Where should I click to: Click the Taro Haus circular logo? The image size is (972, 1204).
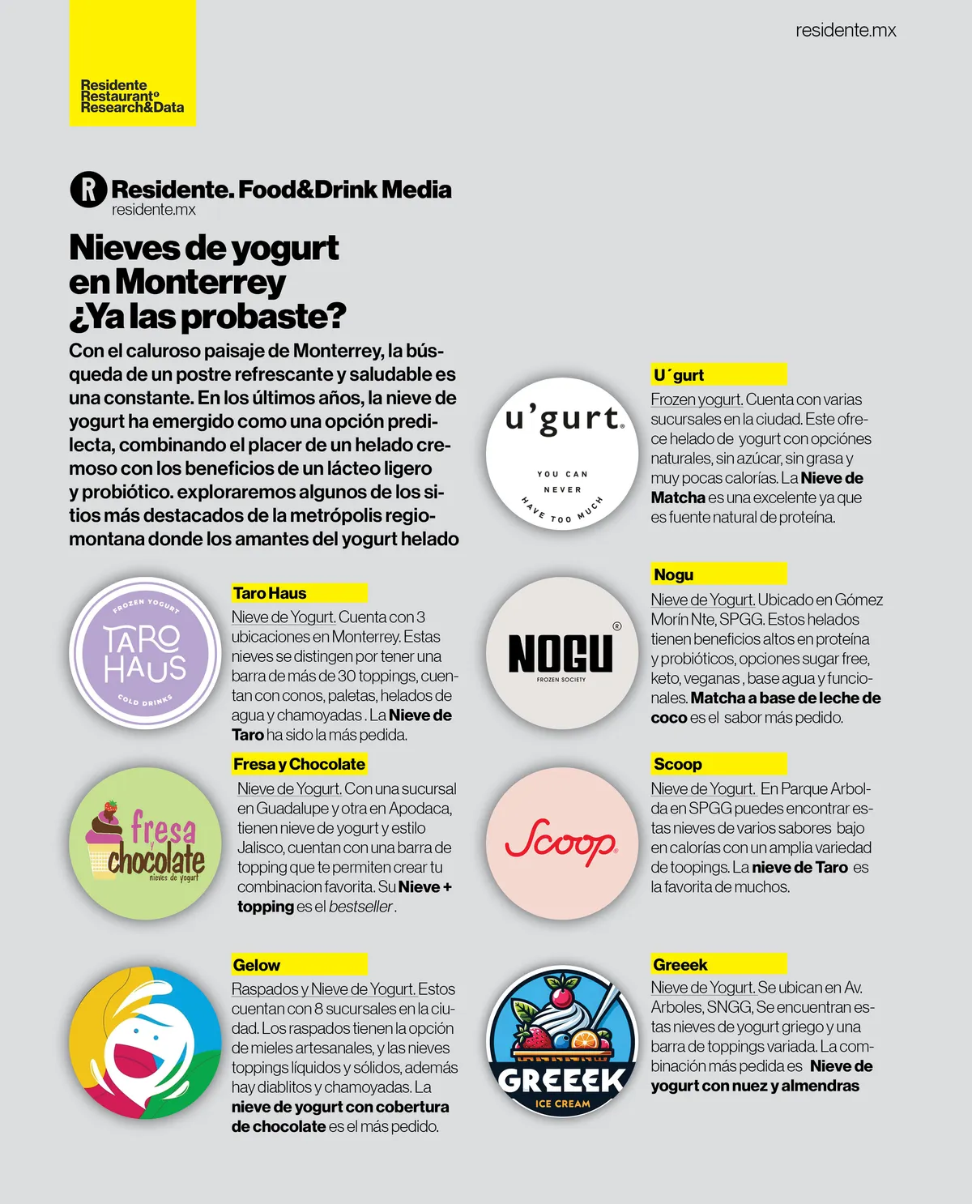tap(145, 653)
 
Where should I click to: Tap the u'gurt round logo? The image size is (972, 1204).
tap(562, 454)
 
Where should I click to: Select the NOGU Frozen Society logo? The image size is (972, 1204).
tap(562, 653)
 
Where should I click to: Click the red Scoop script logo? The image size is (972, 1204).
tap(562, 843)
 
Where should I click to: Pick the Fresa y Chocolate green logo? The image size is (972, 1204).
tap(145, 843)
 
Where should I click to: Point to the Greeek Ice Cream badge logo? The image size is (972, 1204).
tap(562, 1042)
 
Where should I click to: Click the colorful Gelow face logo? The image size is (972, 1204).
tap(145, 1042)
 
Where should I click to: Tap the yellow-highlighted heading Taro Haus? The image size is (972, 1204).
tap(270, 593)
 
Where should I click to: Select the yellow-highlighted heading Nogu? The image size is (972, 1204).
tap(674, 574)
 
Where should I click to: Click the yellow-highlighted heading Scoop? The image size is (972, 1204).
tap(678, 764)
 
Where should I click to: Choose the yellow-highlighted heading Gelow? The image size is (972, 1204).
tap(257, 965)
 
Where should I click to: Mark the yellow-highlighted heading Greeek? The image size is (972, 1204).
tap(680, 964)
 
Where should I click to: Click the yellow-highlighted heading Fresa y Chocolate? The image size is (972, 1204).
tap(299, 764)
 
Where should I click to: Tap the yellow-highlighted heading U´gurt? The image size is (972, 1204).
tap(679, 375)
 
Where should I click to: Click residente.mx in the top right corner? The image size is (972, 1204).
tap(846, 31)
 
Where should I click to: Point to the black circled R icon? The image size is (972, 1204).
tap(88, 190)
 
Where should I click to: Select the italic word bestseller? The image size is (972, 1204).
tap(360, 907)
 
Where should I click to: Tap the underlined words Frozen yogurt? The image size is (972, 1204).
tap(697, 399)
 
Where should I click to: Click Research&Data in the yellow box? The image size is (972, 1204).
tap(132, 108)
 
